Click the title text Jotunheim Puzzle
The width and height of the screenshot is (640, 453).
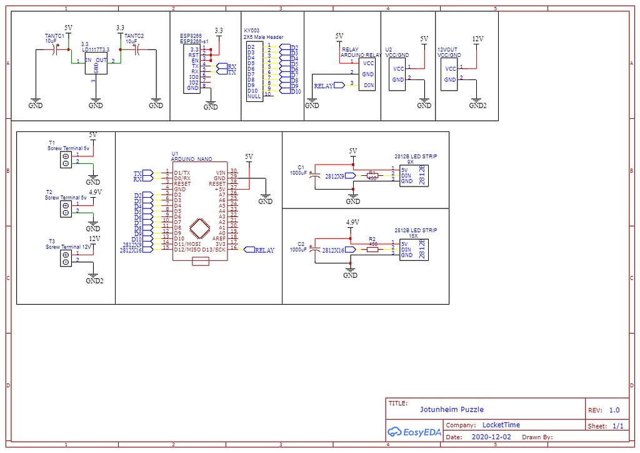point(451,409)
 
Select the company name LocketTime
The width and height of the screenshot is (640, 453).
point(501,425)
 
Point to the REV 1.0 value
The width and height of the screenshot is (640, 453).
point(614,410)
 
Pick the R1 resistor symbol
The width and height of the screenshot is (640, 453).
point(372,176)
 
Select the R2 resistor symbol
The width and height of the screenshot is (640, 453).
point(372,249)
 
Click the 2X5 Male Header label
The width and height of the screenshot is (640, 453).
point(263,37)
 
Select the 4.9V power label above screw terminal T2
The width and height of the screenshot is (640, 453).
point(95,192)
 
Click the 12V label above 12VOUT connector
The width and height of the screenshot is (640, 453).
point(477,39)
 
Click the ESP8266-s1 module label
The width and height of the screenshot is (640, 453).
point(194,41)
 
